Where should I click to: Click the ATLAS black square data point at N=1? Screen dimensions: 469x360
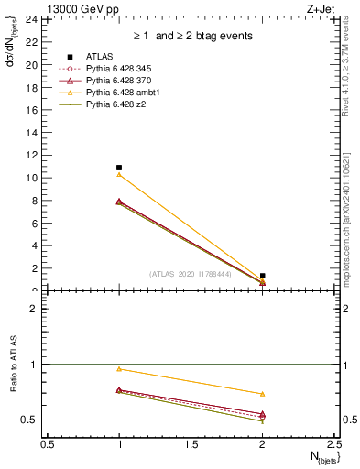click(119, 168)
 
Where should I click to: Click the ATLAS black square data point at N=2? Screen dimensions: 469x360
click(263, 276)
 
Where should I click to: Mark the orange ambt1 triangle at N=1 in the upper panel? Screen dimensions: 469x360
click(119, 174)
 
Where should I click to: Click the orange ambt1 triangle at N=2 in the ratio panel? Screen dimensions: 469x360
click(263, 394)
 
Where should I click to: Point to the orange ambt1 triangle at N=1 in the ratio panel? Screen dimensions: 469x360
click(119, 369)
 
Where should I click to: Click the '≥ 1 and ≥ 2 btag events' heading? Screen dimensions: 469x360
click(191, 36)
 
